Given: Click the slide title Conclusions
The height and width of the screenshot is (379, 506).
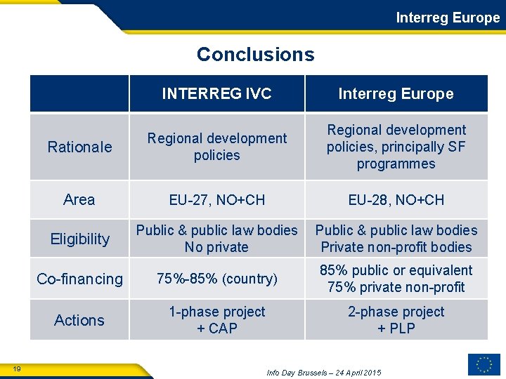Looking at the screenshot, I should (x=255, y=54).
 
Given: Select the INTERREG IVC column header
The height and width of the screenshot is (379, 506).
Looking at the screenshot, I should (x=216, y=94).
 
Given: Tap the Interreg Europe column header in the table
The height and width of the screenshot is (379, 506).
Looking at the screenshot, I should (x=396, y=94).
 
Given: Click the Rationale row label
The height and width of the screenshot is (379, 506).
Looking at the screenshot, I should (x=79, y=147).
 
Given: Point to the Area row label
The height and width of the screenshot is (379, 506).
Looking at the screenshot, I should (x=79, y=200).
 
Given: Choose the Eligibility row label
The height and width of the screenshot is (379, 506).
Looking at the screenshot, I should (x=79, y=239).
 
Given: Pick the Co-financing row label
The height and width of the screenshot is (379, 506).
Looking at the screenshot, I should (x=79, y=279).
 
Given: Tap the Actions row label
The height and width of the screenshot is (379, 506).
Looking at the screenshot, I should (x=79, y=320).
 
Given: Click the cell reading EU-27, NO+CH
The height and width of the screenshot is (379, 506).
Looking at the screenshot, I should (x=216, y=200).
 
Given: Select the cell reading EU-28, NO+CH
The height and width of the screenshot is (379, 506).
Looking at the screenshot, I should (x=396, y=200).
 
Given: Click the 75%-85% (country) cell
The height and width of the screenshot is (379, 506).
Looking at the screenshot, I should (x=216, y=279).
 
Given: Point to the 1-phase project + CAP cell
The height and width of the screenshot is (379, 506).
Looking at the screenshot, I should (x=216, y=320).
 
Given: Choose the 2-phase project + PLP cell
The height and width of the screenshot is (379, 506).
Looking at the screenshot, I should (x=396, y=320).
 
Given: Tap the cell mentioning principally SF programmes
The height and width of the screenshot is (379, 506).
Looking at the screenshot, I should (x=396, y=147).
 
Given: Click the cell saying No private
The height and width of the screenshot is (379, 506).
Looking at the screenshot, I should (x=216, y=239).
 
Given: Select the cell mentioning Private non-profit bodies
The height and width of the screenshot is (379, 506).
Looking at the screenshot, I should (x=396, y=239).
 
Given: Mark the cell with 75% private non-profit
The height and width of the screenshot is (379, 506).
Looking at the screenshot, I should (x=396, y=279).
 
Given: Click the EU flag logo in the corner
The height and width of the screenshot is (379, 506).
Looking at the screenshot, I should (x=484, y=364).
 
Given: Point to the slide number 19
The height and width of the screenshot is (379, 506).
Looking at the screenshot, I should (x=17, y=368).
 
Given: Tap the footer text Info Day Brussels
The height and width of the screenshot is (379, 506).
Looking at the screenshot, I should (x=324, y=372).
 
